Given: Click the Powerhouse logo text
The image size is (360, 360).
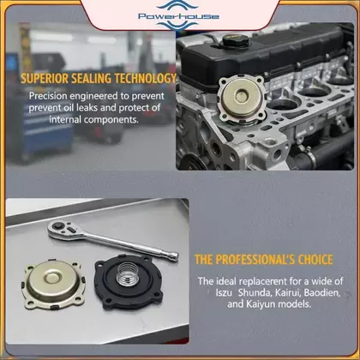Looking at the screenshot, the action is tap(178, 16).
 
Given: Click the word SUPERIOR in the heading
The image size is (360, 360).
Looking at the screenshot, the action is tap(45, 78).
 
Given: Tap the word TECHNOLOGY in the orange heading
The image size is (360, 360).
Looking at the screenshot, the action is tap(146, 78).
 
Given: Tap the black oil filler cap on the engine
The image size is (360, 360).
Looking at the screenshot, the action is tap(236, 41).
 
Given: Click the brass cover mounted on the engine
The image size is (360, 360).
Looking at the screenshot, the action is tap(242, 98).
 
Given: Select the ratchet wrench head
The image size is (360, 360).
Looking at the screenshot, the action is tap(65, 230).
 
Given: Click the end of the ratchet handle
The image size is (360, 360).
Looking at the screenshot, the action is tap(173, 255).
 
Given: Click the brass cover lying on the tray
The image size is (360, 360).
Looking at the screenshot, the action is tap(53, 285).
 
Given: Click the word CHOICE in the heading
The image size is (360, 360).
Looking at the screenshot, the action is tap(315, 260).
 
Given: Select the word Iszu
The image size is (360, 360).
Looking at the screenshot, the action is tap(224, 293).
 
